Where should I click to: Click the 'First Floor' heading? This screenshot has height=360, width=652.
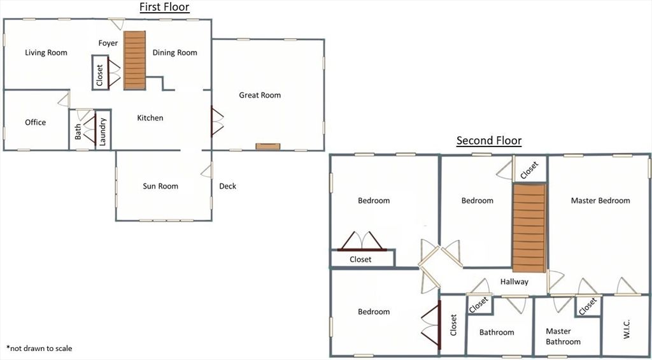point(164,8)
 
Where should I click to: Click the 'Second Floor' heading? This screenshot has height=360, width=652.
point(488,141)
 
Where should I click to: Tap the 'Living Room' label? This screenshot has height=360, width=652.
point(46,53)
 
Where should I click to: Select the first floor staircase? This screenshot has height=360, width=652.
point(135,61)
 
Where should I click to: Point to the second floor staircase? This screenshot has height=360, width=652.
point(530,227)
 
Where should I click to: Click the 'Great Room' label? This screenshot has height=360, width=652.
point(260,96)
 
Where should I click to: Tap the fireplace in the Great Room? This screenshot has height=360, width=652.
point(267,147)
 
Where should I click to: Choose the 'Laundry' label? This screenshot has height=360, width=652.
point(103,131)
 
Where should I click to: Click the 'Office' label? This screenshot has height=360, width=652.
point(36,122)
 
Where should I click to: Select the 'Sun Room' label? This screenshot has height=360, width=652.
point(160,186)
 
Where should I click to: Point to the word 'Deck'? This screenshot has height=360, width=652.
point(227,186)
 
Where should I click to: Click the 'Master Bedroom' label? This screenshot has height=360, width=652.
point(600,201)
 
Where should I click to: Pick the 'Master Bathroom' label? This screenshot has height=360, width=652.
point(563,336)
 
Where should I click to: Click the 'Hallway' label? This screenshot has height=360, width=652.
point(514,282)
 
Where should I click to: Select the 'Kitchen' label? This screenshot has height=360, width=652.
point(150,118)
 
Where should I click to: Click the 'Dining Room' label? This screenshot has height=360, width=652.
point(175,53)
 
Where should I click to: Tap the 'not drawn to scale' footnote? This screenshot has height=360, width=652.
point(39,349)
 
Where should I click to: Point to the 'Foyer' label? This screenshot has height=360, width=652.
point(108,43)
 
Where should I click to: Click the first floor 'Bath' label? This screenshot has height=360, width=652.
point(78,131)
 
